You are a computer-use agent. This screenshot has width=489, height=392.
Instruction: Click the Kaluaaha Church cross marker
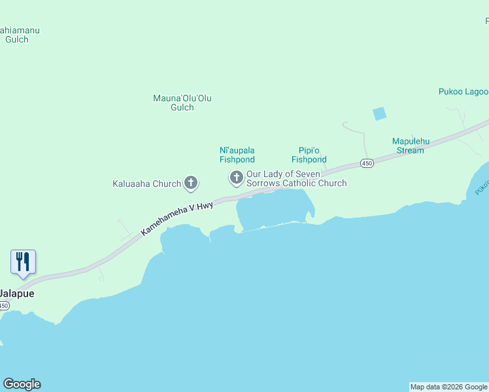191,183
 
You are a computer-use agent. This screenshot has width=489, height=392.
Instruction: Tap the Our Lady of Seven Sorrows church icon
236,177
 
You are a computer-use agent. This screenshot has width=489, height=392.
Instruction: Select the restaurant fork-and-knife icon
24,262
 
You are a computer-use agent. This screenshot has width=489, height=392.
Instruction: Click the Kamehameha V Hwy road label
177,218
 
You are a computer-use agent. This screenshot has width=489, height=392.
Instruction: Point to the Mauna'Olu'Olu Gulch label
182,103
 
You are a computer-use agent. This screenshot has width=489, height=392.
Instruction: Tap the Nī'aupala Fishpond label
237,155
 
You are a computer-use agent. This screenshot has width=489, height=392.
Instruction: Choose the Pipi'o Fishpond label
309,155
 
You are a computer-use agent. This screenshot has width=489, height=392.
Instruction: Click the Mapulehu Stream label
408,146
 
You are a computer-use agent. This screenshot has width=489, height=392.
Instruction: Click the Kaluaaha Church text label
146,184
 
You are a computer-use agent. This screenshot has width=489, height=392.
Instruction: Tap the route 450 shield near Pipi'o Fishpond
367,163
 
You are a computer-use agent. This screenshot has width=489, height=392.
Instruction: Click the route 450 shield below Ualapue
4,306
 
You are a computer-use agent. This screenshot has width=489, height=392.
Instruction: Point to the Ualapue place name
17,294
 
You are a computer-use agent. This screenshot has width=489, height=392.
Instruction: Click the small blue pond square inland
379,114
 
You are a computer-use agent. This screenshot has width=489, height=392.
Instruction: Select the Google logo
22,384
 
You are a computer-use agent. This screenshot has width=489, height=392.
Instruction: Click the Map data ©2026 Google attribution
448,387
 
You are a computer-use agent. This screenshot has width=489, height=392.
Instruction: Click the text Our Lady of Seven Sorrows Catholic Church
296,179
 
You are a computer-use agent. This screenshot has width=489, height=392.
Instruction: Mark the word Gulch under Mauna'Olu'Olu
182,108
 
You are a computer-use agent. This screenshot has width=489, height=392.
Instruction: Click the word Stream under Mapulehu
410,150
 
